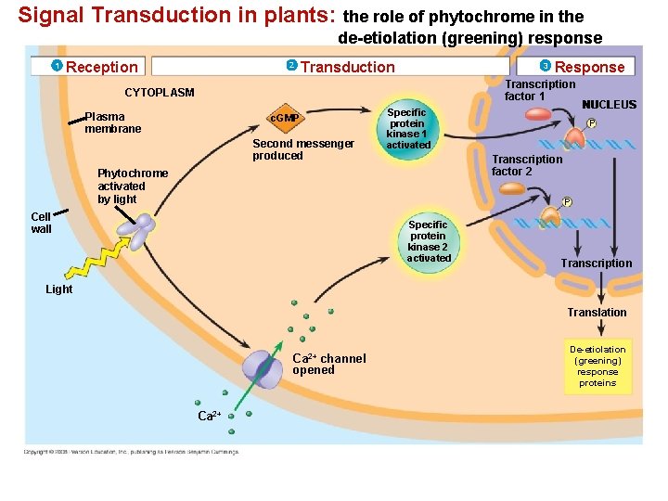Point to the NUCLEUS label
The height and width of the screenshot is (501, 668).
tap(609, 105)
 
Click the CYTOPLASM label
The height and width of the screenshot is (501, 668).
tap(160, 93)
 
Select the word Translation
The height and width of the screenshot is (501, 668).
tap(597, 313)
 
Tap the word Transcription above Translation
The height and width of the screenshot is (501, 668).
tap(596, 263)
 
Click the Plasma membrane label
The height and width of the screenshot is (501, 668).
tap(112, 122)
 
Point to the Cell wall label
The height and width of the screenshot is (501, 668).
tap(42, 223)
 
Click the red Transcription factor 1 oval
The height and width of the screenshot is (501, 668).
tap(540, 114)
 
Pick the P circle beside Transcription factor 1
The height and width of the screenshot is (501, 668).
tap(591, 123)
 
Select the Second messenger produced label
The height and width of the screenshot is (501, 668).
tap(302, 149)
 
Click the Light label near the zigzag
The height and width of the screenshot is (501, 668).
tap(59, 289)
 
